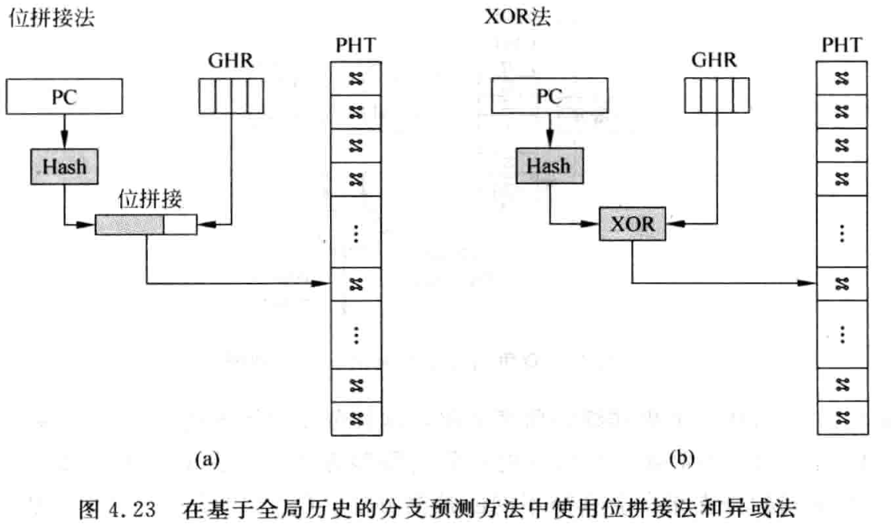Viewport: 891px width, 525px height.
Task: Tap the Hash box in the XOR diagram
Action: click(x=549, y=166)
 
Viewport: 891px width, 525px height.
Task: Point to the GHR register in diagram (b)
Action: click(x=715, y=97)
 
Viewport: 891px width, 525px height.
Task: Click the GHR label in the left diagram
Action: click(x=229, y=61)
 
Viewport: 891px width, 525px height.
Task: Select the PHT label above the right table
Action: click(x=841, y=46)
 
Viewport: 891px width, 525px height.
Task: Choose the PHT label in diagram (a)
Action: click(x=354, y=46)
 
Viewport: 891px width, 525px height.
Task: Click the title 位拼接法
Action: click(x=50, y=18)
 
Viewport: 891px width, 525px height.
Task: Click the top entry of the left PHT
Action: click(x=354, y=78)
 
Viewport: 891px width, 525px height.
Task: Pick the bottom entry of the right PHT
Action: click(x=841, y=416)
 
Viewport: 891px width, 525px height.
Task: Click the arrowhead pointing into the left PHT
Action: click(x=323, y=282)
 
